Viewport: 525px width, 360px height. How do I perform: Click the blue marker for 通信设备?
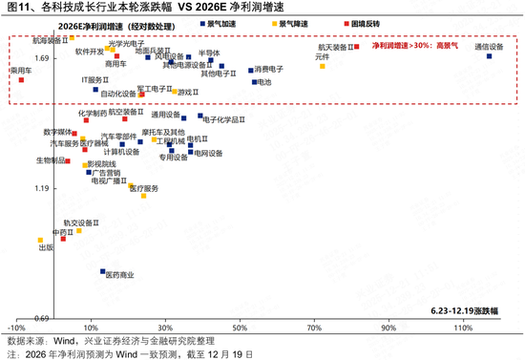(x=489, y=56)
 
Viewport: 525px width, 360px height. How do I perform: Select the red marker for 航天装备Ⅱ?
(x=357, y=46)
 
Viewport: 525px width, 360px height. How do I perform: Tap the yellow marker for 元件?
(x=323, y=66)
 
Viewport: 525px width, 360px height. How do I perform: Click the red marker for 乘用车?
(x=20, y=80)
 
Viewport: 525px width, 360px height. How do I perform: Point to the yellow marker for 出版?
(x=40, y=241)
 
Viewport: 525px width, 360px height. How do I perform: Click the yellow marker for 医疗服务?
(x=143, y=196)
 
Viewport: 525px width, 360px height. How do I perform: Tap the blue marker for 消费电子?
(x=251, y=70)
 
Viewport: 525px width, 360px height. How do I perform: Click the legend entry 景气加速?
(x=214, y=20)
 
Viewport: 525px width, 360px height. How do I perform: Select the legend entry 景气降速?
(x=262, y=20)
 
